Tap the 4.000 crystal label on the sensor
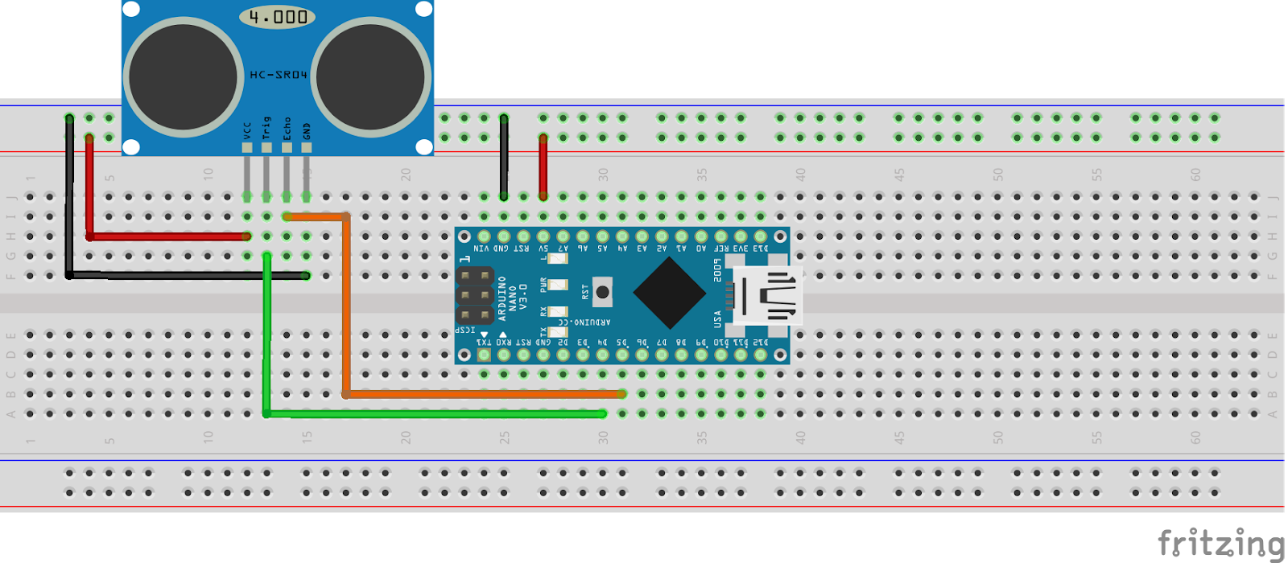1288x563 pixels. pyautogui.click(x=278, y=17)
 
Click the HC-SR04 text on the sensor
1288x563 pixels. pyautogui.click(x=279, y=75)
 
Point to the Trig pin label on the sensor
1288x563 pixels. pyautogui.click(x=266, y=127)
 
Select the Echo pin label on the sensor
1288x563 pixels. pyautogui.click(x=287, y=128)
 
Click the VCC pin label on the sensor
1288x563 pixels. pyautogui.click(x=247, y=129)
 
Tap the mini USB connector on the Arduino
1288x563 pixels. pyautogui.click(x=769, y=295)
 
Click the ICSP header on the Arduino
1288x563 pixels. pyautogui.click(x=475, y=295)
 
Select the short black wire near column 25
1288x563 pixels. pyautogui.click(x=504, y=157)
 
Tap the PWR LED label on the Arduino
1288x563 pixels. pyautogui.click(x=543, y=285)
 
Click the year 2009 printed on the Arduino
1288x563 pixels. pyautogui.click(x=716, y=270)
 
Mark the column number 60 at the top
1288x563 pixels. pyautogui.click(x=1195, y=174)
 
